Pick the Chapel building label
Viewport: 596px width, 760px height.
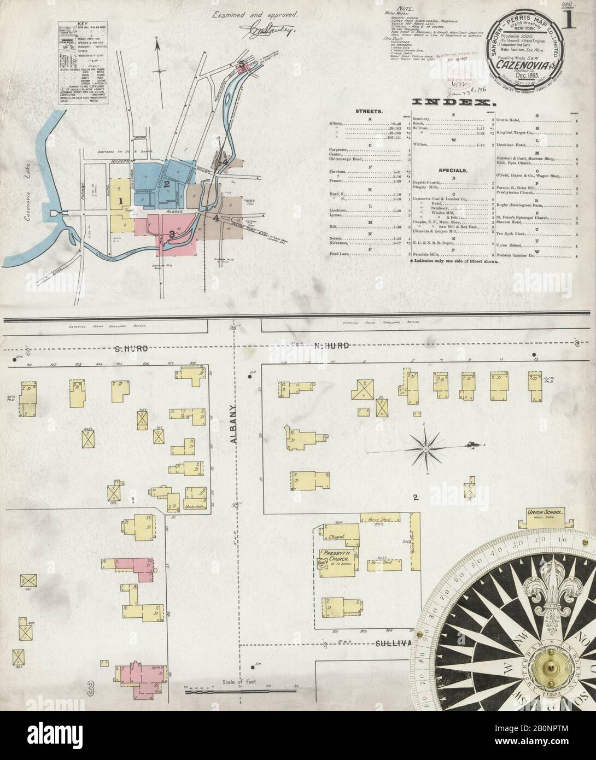(x=337, y=537)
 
